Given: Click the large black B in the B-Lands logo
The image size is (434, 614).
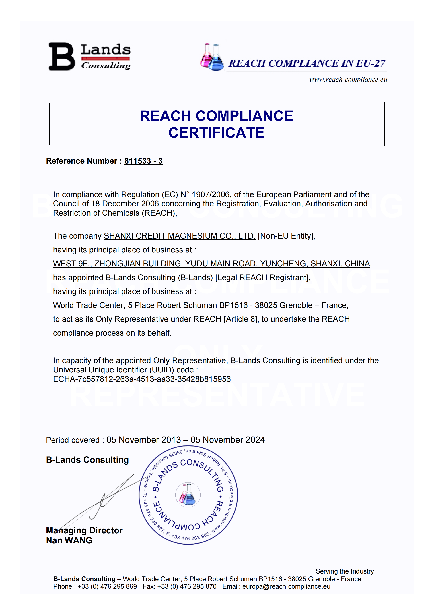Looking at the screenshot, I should pos(61,56).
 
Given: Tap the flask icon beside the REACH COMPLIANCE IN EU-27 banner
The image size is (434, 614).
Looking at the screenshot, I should pos(212,57).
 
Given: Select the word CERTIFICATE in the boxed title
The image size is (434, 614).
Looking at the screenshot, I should pos(217,133).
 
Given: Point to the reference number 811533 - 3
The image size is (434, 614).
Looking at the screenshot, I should pos(143,161).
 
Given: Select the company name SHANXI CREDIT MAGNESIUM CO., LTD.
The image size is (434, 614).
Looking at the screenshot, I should pos(180,236).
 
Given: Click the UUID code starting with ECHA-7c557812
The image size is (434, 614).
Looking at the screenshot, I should pos(142,379).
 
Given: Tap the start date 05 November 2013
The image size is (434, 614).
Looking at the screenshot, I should pos(144,440).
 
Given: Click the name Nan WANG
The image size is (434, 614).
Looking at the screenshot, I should pos(69,540).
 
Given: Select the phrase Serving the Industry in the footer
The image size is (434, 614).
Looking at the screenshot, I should pos(345,571).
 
